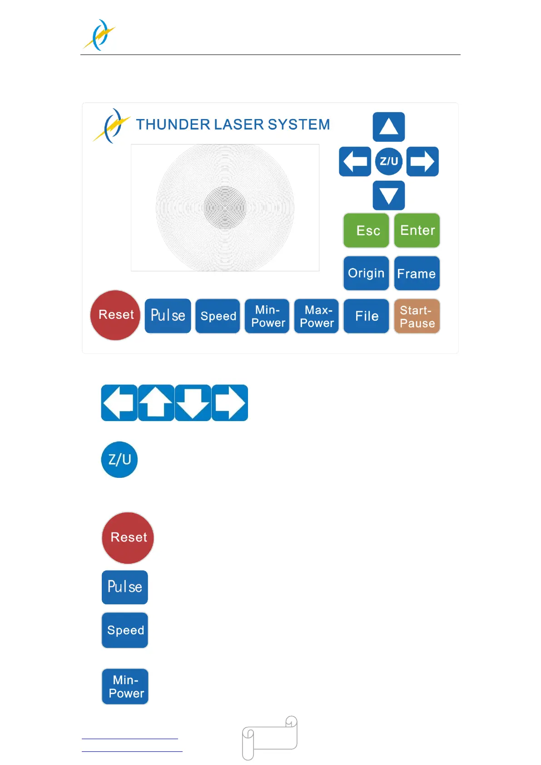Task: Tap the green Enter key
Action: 417,230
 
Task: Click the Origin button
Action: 366,273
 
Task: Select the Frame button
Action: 417,273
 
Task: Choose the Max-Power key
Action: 317,316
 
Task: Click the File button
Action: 366,316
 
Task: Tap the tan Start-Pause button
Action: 417,316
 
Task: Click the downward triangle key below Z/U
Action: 389,196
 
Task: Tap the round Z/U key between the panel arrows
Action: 389,161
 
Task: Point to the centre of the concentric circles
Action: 225,208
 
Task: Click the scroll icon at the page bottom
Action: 270,737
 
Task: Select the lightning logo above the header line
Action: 99,35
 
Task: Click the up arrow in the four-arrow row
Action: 156,403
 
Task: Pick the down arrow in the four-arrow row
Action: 193,403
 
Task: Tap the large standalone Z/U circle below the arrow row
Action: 119,460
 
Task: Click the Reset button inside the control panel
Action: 115,315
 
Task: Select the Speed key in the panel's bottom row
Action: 218,316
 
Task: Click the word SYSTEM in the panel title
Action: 299,124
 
